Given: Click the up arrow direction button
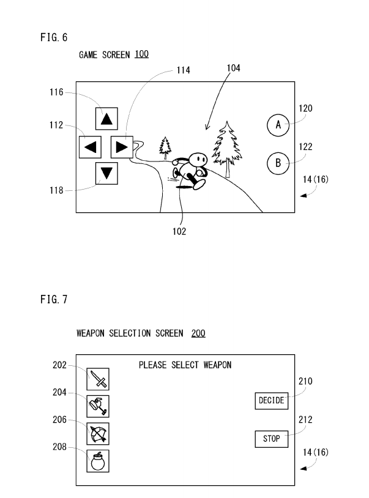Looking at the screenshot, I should click(107, 119).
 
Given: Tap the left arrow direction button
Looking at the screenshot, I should click(91, 147).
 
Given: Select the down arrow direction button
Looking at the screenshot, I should click(107, 174).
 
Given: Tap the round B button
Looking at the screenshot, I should click(278, 163).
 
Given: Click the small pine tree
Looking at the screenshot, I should click(165, 147).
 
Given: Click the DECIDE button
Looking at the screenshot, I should click(271, 401).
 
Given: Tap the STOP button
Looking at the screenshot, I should click(271, 439).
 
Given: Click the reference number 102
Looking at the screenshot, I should click(179, 231).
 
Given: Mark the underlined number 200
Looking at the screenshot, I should click(198, 333).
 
